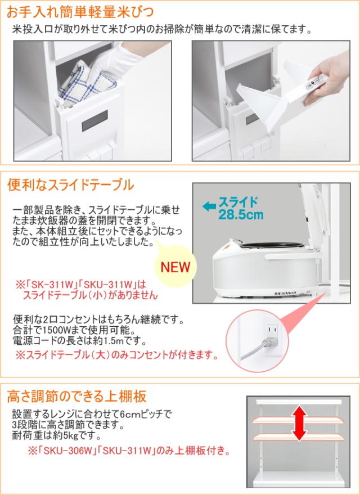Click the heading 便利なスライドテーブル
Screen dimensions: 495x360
70,185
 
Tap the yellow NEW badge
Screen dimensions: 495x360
175,265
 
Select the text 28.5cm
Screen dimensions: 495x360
241,215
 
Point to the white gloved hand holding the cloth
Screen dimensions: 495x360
121,61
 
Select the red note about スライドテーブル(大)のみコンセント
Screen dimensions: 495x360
115,355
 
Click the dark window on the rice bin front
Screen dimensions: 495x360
94,120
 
